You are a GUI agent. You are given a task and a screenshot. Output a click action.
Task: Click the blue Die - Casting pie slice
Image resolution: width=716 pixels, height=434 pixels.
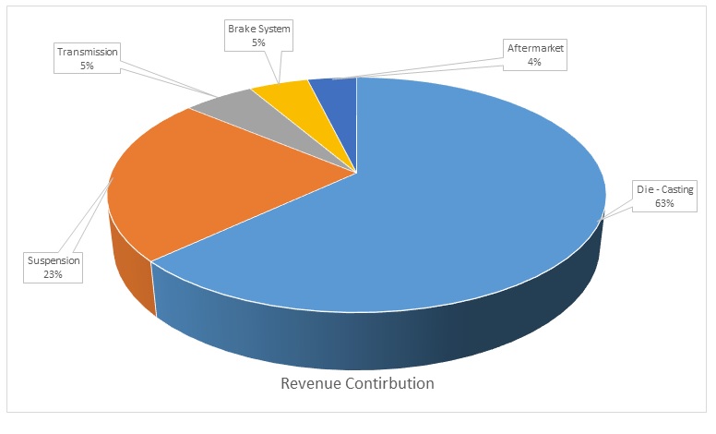tap(443, 212)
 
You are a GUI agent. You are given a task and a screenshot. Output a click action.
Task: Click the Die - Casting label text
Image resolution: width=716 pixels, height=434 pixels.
tap(663, 190)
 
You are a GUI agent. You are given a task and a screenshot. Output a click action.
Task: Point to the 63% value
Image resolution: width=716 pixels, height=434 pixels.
tap(663, 203)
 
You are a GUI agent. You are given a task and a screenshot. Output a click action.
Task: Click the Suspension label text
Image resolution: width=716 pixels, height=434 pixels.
tap(54, 260)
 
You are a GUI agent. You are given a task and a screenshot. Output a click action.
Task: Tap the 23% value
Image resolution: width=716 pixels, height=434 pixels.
tap(54, 273)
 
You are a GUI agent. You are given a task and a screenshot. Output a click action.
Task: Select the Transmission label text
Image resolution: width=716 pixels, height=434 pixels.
tap(89, 53)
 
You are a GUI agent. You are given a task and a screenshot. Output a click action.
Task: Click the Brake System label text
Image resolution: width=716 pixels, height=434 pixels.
tap(259, 29)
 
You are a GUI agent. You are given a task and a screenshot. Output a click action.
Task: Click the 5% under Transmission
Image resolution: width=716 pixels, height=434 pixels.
tap(89, 66)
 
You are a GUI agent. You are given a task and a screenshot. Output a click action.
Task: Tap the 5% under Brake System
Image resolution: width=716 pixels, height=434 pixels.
tap(259, 42)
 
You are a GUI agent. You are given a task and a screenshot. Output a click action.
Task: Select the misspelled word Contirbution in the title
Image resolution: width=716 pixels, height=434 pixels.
tap(390, 382)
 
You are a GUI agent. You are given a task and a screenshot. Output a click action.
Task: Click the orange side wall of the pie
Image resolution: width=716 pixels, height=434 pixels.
tap(129, 268)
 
